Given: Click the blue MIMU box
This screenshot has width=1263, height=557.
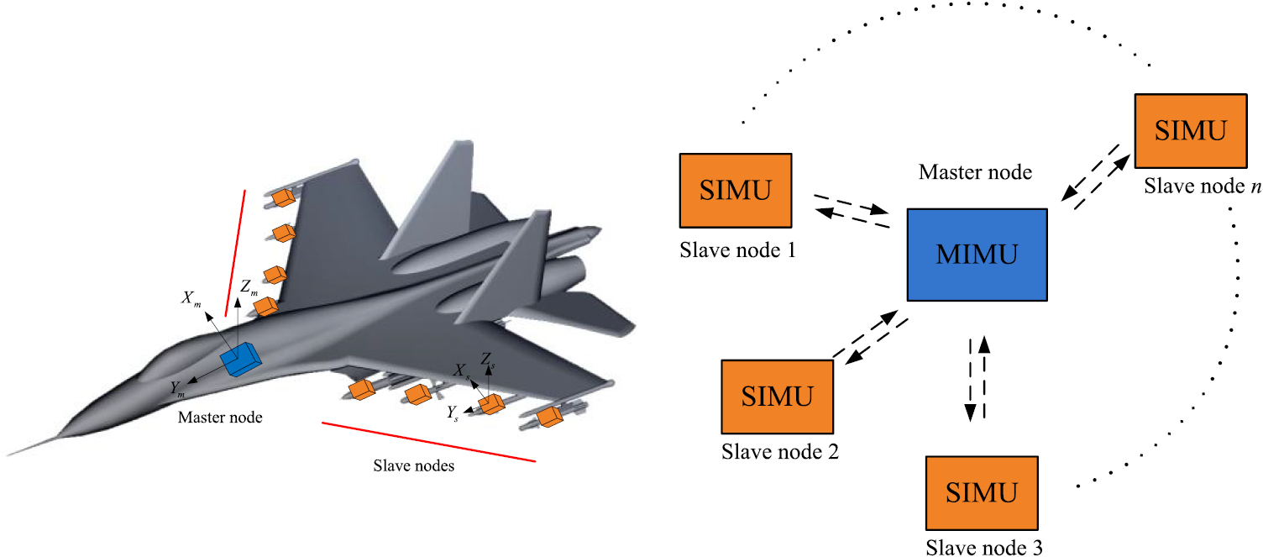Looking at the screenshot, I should click(x=977, y=255).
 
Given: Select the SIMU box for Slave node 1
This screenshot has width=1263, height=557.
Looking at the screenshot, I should click(x=736, y=191).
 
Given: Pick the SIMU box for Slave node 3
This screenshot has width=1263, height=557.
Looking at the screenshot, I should click(x=982, y=491).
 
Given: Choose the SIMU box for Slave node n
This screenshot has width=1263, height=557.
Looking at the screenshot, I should click(x=1190, y=130).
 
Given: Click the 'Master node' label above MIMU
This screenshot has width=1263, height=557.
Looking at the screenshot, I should click(x=974, y=173).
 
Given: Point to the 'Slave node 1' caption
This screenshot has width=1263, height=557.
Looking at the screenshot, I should click(x=736, y=250).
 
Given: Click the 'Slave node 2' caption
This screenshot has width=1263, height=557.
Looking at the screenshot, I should click(x=780, y=452).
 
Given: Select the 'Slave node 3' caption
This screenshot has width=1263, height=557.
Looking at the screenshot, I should click(x=984, y=548).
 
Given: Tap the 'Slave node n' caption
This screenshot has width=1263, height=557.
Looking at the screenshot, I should click(x=1202, y=185).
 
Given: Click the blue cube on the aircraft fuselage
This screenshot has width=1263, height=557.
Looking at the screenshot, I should click(x=241, y=360).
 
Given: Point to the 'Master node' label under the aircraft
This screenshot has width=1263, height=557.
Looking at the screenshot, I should click(x=220, y=418).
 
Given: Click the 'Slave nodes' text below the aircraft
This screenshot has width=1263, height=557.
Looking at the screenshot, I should click(x=413, y=465).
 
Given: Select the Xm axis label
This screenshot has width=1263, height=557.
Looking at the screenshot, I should click(x=191, y=298).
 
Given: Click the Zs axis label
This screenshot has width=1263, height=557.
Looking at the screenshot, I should click(x=487, y=359).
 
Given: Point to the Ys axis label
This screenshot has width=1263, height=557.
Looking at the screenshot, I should click(x=452, y=412).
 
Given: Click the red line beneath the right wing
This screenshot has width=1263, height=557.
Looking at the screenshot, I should click(x=428, y=442).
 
